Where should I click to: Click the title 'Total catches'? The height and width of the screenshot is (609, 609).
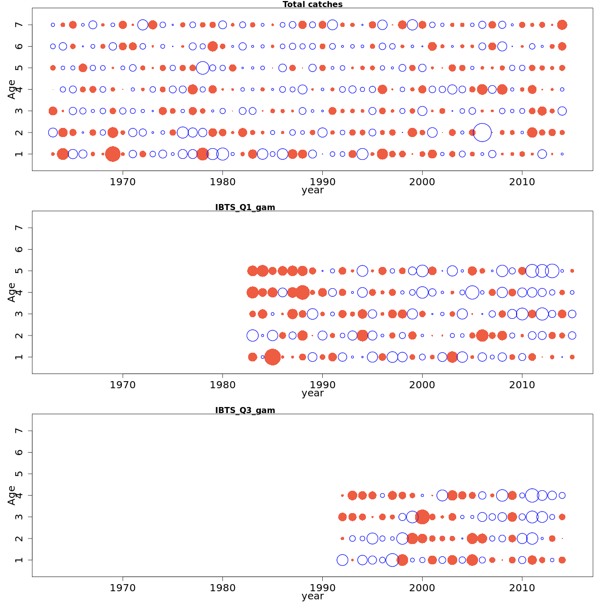tap(312, 5)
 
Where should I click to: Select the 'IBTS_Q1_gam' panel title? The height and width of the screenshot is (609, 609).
tap(245, 207)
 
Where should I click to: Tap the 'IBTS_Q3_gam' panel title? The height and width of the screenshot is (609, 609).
tap(245, 410)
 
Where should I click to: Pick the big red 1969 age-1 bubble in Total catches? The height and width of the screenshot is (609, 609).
tap(113, 154)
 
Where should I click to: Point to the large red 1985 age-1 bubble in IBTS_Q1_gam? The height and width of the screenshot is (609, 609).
tap(273, 357)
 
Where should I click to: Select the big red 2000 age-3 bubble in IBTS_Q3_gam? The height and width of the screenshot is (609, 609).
tap(422, 517)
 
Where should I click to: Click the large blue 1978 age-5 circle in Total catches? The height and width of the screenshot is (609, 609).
tap(202, 67)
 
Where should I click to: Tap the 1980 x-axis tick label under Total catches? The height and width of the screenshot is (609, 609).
tap(222, 182)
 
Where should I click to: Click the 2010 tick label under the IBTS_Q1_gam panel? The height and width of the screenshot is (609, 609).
tap(522, 385)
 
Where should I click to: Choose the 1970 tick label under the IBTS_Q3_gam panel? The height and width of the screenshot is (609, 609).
tap(123, 588)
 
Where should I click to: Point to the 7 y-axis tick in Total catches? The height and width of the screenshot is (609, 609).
tap(19, 25)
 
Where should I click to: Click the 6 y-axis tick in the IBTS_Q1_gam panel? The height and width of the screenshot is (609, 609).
tap(19, 249)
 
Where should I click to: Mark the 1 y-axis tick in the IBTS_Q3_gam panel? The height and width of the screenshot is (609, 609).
tap(19, 560)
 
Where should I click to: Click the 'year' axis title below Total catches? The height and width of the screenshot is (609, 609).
tap(312, 190)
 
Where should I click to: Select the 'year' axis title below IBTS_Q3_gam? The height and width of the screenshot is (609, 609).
tap(312, 596)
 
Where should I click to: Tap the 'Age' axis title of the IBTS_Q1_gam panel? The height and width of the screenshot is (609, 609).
tap(12, 292)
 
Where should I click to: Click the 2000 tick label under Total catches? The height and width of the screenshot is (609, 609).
tap(422, 182)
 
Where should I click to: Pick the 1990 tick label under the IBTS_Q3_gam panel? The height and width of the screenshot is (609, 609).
tap(322, 588)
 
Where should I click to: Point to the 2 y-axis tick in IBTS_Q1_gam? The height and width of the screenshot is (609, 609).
tap(19, 335)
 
